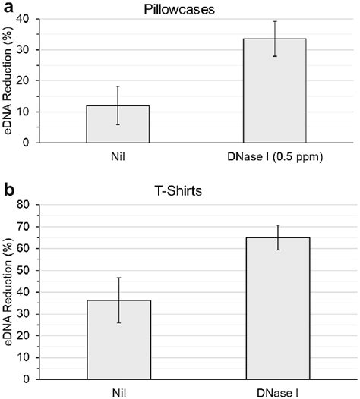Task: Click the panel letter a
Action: (7, 7)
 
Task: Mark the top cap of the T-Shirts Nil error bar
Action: (118, 278)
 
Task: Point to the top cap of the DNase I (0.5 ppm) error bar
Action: (277, 21)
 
